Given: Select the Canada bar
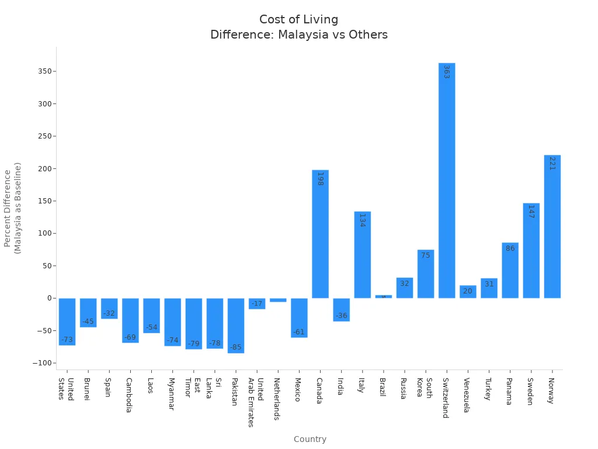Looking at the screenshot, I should coord(320,234).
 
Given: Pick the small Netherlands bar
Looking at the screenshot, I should coord(278,300).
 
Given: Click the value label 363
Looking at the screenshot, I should coord(447,72).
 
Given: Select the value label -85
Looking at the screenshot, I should coord(236,347).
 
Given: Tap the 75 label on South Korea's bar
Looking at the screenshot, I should coord(426,255).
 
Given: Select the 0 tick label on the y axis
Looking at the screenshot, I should coord(50,298).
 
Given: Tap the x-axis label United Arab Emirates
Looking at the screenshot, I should coord(255,402).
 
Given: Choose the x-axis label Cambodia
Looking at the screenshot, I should coord(130,395).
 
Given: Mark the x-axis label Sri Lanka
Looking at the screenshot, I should coord(213,388).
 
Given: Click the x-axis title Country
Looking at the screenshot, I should coord(310,439).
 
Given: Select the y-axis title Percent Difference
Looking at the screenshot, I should coord(8,208).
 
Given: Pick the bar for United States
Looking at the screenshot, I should coord(67,322).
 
